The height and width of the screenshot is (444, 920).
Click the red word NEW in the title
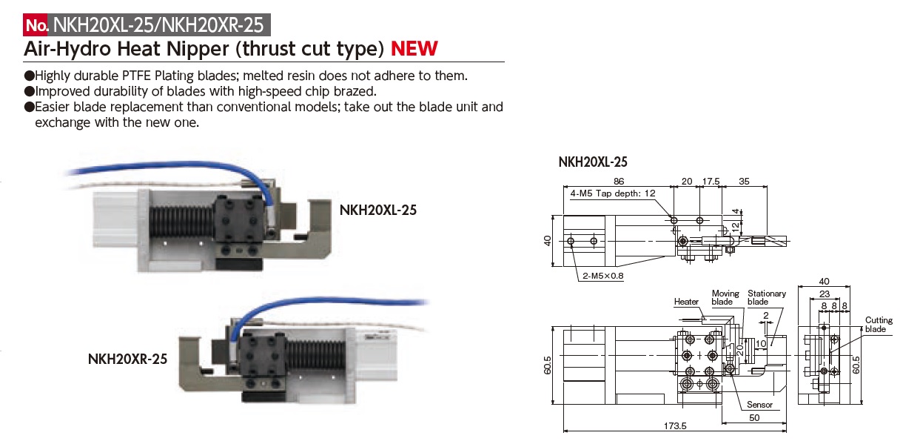coord(414,49)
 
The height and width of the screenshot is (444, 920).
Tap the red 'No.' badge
coord(36,25)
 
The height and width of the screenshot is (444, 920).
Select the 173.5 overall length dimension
coord(675,426)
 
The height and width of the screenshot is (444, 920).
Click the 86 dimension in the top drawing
coord(619,181)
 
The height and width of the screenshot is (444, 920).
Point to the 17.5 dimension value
coord(711,181)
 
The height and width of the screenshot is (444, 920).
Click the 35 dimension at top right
coord(744,181)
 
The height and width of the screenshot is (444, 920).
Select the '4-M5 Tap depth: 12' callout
coord(612,193)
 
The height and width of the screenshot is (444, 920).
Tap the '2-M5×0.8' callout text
coord(603,276)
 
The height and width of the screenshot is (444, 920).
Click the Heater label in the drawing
coord(686,302)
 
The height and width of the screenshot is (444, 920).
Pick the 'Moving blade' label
coord(725,297)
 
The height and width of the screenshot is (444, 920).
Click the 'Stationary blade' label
coord(766,297)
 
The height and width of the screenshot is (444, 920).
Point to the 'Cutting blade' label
coord(879,324)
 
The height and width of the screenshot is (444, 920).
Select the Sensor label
coord(759,405)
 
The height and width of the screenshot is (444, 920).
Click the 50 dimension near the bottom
coord(754,417)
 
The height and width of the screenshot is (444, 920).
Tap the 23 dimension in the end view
coord(824,294)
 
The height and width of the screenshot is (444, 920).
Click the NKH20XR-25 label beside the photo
coord(127,359)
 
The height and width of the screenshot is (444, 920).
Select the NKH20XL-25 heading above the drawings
coord(593,162)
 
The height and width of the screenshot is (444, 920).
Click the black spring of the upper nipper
coord(181,222)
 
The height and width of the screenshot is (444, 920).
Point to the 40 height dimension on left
coord(547,240)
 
